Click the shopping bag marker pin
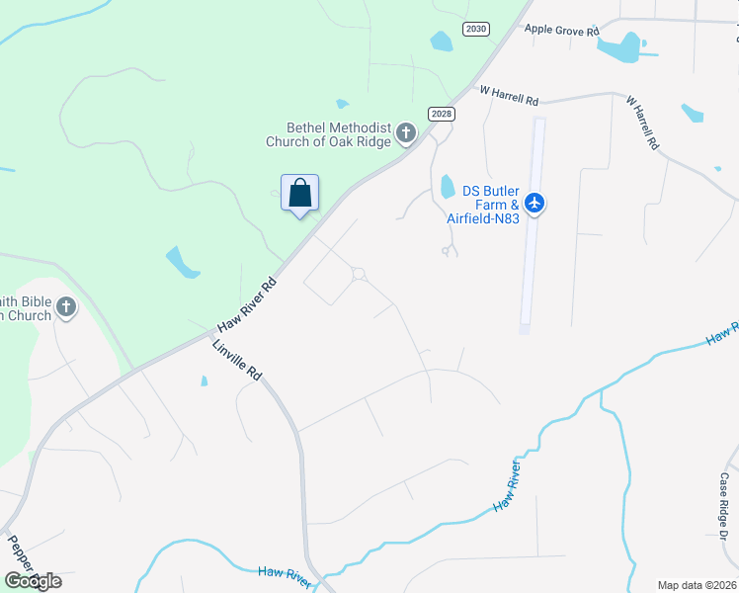click(299, 193)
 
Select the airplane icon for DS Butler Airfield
click(534, 204)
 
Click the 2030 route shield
click(476, 29)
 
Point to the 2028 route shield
click(442, 114)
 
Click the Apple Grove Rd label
click(562, 32)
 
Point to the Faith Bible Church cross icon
click(66, 307)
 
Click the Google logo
click(33, 581)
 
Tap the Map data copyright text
click(696, 585)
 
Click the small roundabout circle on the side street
click(359, 274)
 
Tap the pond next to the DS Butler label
click(448, 186)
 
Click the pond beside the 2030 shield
click(442, 42)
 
